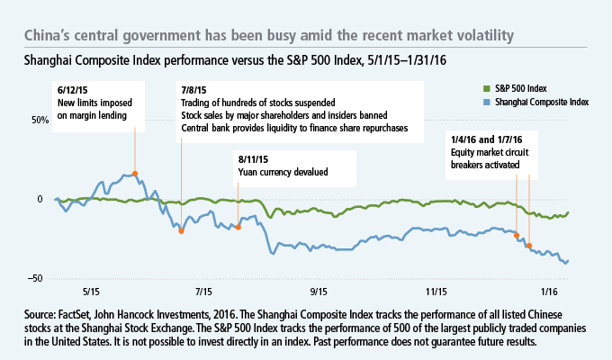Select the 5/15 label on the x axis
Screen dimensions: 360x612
point(91,292)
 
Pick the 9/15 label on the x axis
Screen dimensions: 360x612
point(319,292)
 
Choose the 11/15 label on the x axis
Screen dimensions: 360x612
point(436,292)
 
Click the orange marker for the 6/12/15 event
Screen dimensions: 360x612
point(135,174)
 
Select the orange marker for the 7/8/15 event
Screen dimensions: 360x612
point(182,230)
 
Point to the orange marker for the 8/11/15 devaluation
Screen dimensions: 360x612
point(238,227)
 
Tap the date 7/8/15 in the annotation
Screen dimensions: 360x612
point(193,91)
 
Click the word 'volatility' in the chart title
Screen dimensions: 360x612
point(480,36)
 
